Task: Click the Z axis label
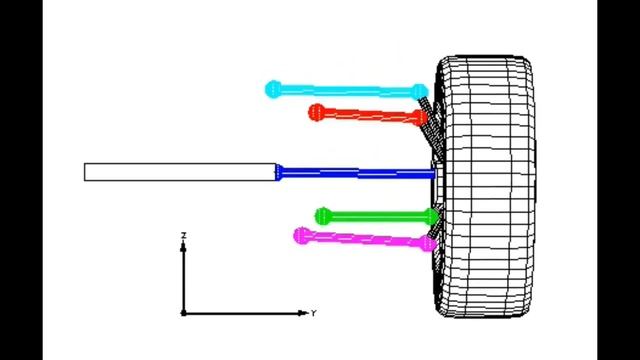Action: (184, 236)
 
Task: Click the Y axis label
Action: (313, 313)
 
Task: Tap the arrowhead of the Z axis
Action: (183, 246)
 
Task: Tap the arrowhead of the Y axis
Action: (302, 313)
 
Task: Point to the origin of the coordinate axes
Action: (183, 313)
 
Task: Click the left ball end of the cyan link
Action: (273, 89)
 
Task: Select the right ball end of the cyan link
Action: (419, 91)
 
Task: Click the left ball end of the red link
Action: (317, 112)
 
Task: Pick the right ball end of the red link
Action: (418, 118)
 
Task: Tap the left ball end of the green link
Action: (324, 216)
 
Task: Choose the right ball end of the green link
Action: (431, 216)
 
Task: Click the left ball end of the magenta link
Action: (302, 236)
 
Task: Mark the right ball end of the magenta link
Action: (428, 243)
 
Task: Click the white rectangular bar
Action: (180, 172)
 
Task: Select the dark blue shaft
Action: (356, 173)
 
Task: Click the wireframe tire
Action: (484, 187)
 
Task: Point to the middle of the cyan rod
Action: (347, 91)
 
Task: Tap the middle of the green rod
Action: (377, 216)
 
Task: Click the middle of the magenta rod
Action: (365, 239)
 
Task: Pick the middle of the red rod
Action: (368, 115)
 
